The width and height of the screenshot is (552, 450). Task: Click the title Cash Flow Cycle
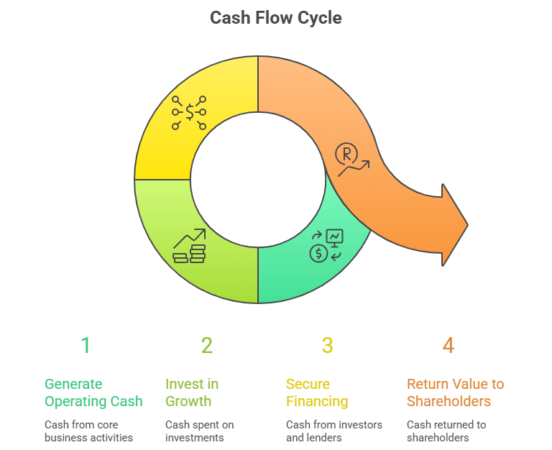coord(276,17)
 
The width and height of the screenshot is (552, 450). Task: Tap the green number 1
coord(86,346)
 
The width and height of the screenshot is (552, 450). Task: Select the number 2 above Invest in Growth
coord(207,346)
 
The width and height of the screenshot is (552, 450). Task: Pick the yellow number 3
coord(327,346)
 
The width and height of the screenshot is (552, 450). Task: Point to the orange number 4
coord(448,346)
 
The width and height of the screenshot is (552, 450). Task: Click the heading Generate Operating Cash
coord(93,392)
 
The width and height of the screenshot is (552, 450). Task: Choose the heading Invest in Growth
coord(192,392)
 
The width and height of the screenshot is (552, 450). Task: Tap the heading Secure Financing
coord(317,392)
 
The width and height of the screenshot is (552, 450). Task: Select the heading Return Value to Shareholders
coord(456,392)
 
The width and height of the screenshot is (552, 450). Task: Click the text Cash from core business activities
coord(88,431)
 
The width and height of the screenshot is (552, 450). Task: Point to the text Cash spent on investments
coord(200,431)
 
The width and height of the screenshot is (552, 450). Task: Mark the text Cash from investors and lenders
coord(334,431)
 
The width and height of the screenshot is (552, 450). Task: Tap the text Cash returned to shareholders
coord(446,431)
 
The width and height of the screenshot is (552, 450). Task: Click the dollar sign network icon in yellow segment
coord(189,112)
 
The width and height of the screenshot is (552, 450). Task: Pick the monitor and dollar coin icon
coord(326,244)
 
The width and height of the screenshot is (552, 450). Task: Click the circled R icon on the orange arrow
coord(347,153)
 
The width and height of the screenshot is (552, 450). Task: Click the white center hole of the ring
coord(257,180)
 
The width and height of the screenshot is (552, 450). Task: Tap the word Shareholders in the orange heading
coord(448,401)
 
